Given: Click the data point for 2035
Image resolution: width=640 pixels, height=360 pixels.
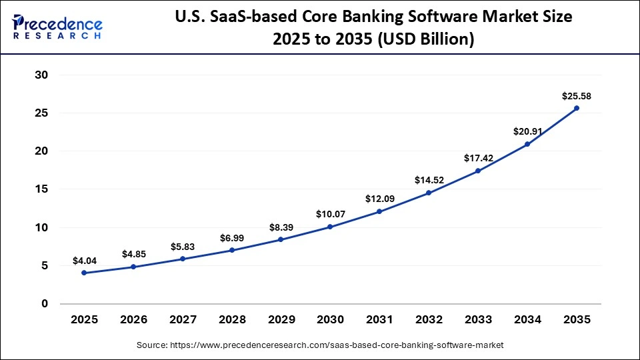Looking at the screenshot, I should [577, 108].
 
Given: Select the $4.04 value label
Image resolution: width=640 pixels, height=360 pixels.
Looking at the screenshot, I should [84, 261].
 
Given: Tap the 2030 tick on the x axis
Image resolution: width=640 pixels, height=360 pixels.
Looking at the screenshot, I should [330, 320].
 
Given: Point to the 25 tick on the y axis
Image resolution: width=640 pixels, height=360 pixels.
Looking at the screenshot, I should [41, 113].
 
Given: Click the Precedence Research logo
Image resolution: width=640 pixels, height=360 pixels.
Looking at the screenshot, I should [57, 26].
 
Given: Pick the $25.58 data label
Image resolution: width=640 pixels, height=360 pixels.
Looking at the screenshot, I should [577, 96].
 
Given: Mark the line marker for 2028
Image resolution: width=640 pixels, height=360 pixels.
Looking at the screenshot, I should [231, 250].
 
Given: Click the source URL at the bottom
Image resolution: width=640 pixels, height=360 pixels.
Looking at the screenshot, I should [320, 345].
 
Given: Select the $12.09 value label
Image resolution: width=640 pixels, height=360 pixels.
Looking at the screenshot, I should [379, 199].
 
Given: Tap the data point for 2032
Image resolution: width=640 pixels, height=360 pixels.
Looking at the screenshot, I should [429, 193].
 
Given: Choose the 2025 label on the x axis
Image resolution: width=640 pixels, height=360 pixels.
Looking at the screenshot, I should [84, 320].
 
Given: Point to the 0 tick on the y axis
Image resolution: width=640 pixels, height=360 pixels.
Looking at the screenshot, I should [45, 304].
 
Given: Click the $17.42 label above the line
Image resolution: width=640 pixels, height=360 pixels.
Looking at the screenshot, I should [478, 159].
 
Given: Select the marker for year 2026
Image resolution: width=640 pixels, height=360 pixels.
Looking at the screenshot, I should [133, 267].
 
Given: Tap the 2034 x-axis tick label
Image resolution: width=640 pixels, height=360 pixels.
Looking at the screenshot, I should [527, 320].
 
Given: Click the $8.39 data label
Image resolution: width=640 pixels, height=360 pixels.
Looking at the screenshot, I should [281, 227].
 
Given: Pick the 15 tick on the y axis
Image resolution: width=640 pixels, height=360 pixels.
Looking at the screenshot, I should [41, 189].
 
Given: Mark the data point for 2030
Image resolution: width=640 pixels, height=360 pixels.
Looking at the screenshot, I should [330, 227].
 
